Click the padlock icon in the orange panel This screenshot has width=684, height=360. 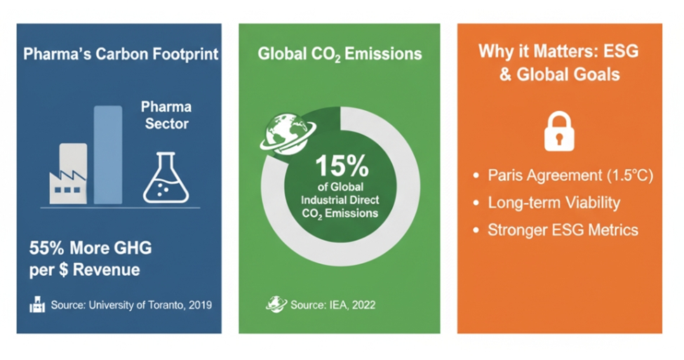(x=559, y=131)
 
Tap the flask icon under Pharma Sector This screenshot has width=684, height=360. (x=166, y=178)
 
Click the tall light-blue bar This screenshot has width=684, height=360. (x=108, y=154)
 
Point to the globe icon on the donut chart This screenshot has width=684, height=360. (x=288, y=134)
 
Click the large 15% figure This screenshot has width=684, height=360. (x=342, y=166)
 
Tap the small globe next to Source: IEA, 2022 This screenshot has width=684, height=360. (x=276, y=304)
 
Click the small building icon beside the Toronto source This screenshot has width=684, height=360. (x=37, y=304)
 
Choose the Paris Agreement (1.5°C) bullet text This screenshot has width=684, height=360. (x=570, y=175)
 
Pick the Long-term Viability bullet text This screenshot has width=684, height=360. (x=554, y=203)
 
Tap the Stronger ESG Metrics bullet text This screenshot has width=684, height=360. (x=563, y=230)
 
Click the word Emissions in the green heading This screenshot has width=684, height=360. (x=383, y=53)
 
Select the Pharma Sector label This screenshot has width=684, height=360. (x=166, y=115)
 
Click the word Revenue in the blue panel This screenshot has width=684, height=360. (x=106, y=269)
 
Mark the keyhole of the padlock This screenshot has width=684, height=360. (x=559, y=140)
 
